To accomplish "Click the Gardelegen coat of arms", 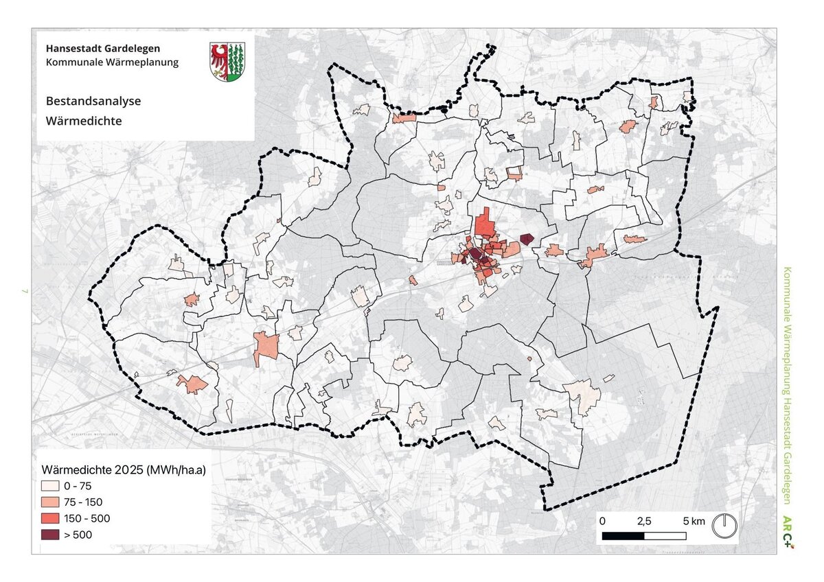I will (x=227, y=62).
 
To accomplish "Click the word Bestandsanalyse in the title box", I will (x=93, y=101).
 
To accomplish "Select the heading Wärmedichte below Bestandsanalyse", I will (x=84, y=121).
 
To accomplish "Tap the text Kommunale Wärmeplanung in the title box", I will (x=112, y=62).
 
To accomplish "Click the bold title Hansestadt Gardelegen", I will (x=104, y=49).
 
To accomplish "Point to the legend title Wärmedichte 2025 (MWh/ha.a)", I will (x=124, y=470).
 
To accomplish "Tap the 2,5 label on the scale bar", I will (x=644, y=522).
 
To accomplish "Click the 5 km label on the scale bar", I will (x=694, y=522).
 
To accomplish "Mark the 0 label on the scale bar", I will (x=603, y=522).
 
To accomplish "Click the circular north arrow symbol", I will (x=724, y=526).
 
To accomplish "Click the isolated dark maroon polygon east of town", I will (x=527, y=239).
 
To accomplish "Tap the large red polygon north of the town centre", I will (x=485, y=224).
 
